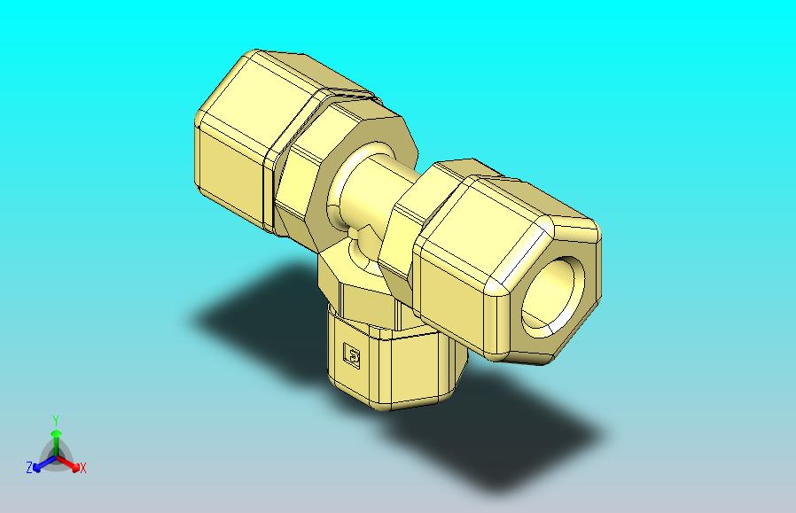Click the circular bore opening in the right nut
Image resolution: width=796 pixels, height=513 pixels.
click(x=553, y=297)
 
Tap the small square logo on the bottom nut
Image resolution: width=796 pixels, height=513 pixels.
click(x=352, y=354)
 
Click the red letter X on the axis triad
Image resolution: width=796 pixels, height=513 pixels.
click(x=83, y=468)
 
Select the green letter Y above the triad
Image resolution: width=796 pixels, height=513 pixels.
click(x=57, y=421)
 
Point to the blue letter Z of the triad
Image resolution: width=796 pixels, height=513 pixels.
click(x=29, y=467)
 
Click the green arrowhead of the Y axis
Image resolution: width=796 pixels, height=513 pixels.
click(x=57, y=433)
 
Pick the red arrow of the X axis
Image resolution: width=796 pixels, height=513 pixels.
click(x=68, y=462)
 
